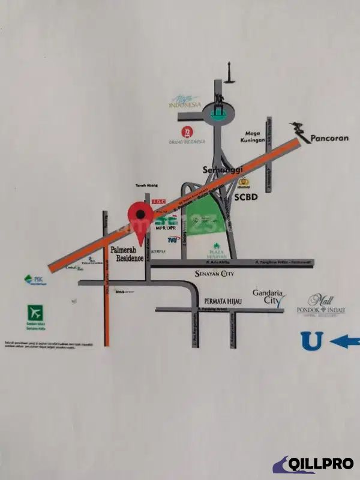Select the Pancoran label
[329, 138]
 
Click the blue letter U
[312, 341]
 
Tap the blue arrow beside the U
[344, 341]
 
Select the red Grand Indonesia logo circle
[187, 132]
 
